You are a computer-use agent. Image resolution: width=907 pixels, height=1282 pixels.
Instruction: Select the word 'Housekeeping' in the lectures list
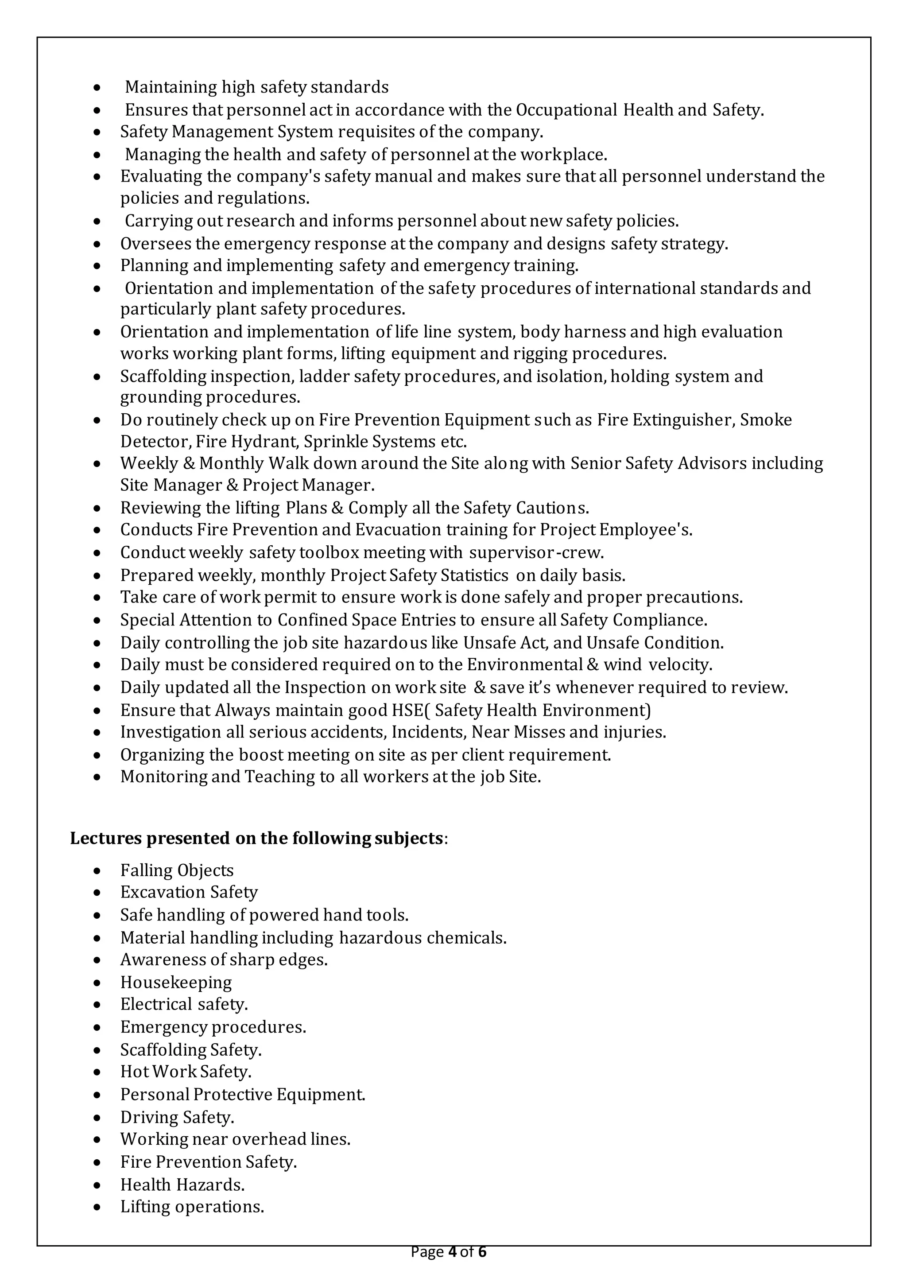point(176,982)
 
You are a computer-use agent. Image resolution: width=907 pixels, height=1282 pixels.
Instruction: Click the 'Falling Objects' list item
point(177,870)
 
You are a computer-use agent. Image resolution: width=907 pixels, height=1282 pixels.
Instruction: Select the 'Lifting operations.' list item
point(192,1207)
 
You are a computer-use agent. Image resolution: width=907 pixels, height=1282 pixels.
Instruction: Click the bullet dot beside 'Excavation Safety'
point(97,893)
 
